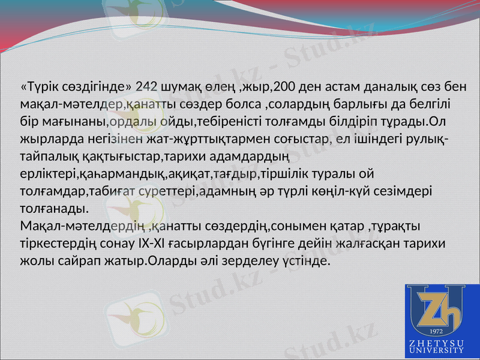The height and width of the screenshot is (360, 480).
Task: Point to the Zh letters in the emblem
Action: pyautogui.click(x=437, y=308)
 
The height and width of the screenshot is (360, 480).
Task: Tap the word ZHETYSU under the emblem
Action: pyautogui.click(x=436, y=343)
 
